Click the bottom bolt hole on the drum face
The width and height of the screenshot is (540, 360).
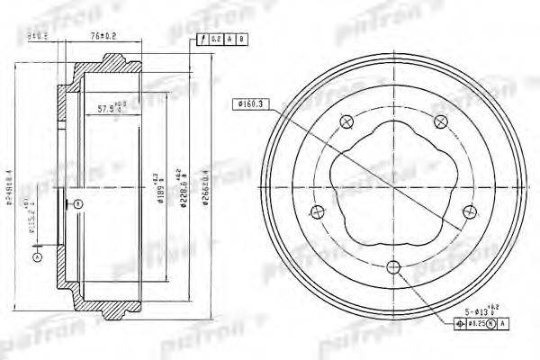point(393,266)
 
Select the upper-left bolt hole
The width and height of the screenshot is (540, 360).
point(346,121)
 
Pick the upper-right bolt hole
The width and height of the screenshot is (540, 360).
point(440,121)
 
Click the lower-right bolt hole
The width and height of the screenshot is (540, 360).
point(469,211)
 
